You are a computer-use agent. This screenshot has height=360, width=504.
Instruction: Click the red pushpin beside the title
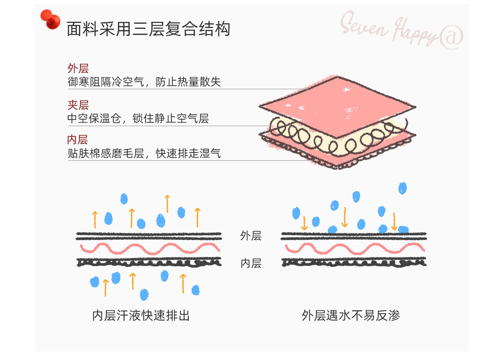[50, 19]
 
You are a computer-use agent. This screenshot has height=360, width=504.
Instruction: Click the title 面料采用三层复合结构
[149, 29]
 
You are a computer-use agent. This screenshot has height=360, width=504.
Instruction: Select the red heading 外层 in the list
[78, 69]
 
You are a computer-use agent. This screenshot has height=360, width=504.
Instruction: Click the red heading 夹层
[78, 105]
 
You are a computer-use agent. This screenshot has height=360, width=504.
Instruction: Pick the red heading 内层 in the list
[77, 140]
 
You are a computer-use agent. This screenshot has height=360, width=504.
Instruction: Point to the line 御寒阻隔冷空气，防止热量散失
[144, 82]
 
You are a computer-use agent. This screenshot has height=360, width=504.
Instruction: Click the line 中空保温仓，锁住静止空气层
[138, 119]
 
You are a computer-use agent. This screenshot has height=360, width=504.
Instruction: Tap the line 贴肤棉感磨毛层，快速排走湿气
[144, 153]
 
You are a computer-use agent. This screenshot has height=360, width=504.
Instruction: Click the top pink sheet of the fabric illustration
[337, 106]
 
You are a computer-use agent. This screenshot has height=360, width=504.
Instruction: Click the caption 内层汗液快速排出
[141, 315]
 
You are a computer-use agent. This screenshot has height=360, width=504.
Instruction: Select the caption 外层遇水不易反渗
[351, 315]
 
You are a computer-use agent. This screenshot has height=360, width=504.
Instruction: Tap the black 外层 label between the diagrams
[251, 236]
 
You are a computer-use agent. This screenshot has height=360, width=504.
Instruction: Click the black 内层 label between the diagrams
[251, 263]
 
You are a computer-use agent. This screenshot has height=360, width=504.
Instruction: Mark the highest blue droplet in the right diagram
[403, 188]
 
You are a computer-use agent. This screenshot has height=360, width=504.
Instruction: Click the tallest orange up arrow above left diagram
[167, 204]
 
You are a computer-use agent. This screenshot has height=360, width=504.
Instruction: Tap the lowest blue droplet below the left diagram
[144, 295]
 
